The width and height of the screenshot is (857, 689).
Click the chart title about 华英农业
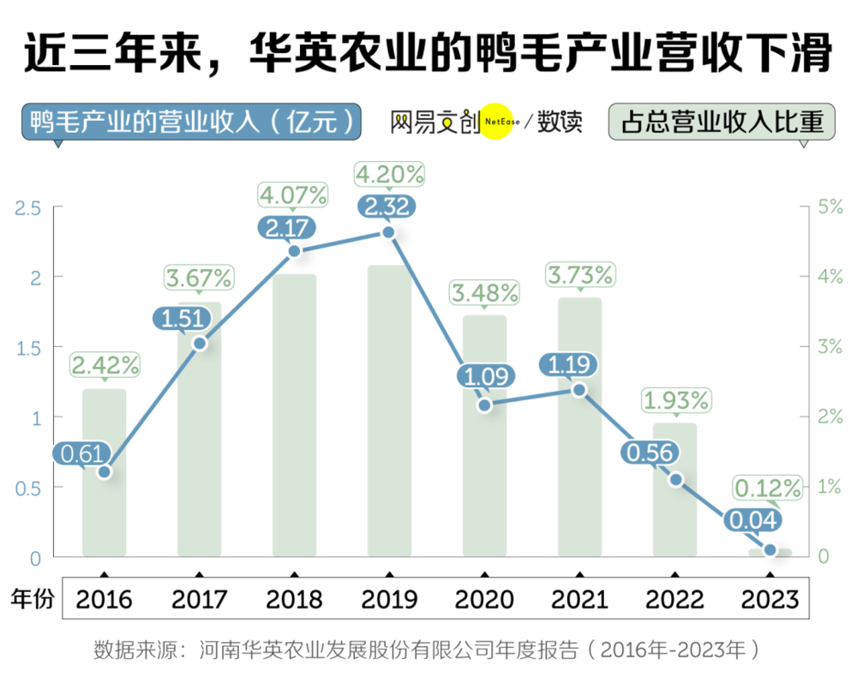pyautogui.click(x=428, y=54)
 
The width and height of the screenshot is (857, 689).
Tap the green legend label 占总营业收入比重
pyautogui.click(x=721, y=122)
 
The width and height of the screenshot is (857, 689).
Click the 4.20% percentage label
pyautogui.click(x=390, y=175)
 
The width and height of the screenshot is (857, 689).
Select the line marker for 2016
pyautogui.click(x=105, y=472)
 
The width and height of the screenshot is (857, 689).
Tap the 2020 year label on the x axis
pyautogui.click(x=485, y=598)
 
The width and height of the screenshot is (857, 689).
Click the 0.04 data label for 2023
pyautogui.click(x=751, y=519)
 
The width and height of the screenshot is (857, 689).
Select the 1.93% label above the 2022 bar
pyautogui.click(x=675, y=399)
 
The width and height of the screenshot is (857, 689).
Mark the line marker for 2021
pyautogui.click(x=579, y=390)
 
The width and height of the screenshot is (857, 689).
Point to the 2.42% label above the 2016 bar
pyautogui.click(x=105, y=365)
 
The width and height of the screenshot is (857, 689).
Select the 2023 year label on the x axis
pyautogui.click(x=770, y=598)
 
